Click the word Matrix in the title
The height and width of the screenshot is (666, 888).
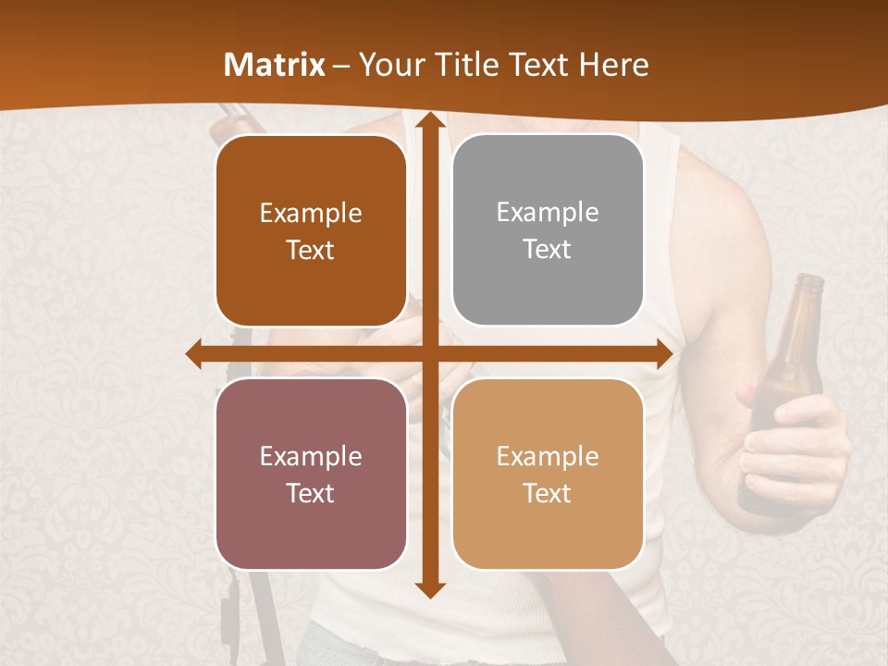tap(275, 65)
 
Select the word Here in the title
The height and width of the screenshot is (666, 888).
tap(614, 65)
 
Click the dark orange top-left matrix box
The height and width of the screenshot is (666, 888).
tap(311, 231)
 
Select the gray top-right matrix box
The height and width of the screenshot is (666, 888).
tap(548, 230)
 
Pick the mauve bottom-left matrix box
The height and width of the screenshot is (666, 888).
tap(311, 474)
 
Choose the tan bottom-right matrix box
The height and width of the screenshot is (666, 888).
tap(548, 474)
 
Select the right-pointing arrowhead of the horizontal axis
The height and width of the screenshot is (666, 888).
tap(663, 354)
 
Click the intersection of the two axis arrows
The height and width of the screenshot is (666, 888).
tap(429, 354)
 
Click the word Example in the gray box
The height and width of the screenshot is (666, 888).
tap(548, 213)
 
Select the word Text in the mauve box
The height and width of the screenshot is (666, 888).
tap(311, 493)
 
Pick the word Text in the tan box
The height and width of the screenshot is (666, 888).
tap(548, 493)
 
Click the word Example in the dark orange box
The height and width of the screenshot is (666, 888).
tap(311, 214)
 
